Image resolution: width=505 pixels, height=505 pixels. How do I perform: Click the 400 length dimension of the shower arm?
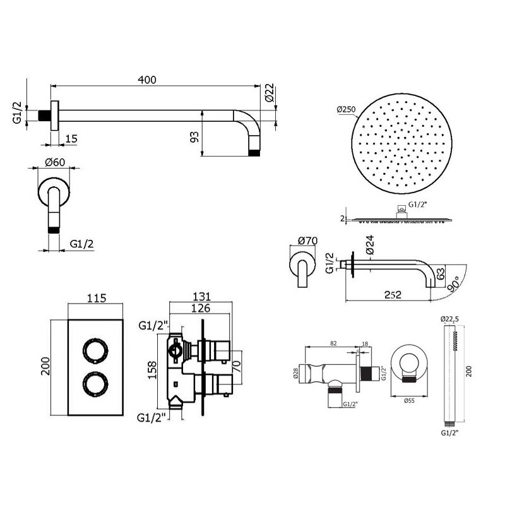tap(147, 80)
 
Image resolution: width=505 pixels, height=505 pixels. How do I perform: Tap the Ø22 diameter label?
tap(270, 93)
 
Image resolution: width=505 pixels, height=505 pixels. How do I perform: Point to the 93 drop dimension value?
tap(194, 137)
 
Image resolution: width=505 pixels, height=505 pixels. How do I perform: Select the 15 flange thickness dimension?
tap(71, 139)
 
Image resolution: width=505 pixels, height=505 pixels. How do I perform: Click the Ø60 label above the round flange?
tap(55, 162)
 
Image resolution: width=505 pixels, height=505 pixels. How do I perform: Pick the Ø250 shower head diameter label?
tap(346, 109)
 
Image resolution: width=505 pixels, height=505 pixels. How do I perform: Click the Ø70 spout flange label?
tap(307, 241)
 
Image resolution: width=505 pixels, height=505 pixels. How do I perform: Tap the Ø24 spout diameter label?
tap(370, 245)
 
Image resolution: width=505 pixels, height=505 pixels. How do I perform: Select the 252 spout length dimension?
tap(393, 295)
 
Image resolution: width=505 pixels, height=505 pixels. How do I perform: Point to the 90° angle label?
tap(454, 283)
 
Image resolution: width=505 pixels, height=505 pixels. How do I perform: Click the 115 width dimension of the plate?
tap(97, 298)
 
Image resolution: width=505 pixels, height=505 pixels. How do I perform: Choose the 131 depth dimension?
tap(201, 296)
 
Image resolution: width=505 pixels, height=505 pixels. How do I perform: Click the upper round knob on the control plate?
tap(95, 351)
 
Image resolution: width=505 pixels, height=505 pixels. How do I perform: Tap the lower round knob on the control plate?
tap(95, 384)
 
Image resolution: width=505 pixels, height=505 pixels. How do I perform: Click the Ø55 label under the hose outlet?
tap(409, 401)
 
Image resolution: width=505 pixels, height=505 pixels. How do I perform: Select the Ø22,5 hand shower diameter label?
tap(449, 319)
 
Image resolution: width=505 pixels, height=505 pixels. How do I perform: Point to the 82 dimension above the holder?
tap(333, 343)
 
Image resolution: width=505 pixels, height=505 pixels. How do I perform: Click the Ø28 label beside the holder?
tap(295, 374)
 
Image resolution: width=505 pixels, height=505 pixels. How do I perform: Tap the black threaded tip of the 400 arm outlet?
tap(254, 153)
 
